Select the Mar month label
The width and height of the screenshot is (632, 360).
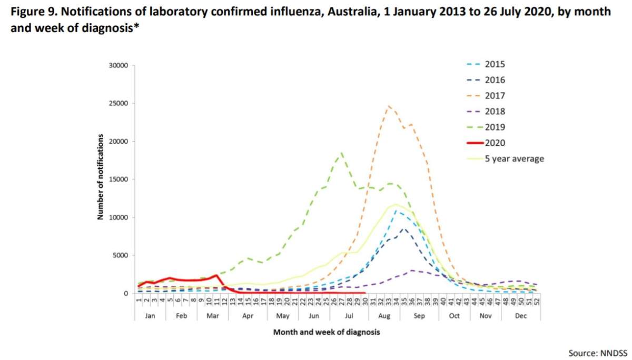[x=213, y=316]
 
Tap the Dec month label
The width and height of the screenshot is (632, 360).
[x=521, y=316]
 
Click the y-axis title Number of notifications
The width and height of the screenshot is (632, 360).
[x=100, y=177]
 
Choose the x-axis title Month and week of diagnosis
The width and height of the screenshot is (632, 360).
[x=326, y=333]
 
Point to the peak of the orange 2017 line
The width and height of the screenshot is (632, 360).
[x=389, y=106]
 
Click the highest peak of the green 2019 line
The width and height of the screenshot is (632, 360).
[x=342, y=153]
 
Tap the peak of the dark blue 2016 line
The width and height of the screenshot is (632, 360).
[x=404, y=229]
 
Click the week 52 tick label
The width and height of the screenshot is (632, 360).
[x=537, y=302]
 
